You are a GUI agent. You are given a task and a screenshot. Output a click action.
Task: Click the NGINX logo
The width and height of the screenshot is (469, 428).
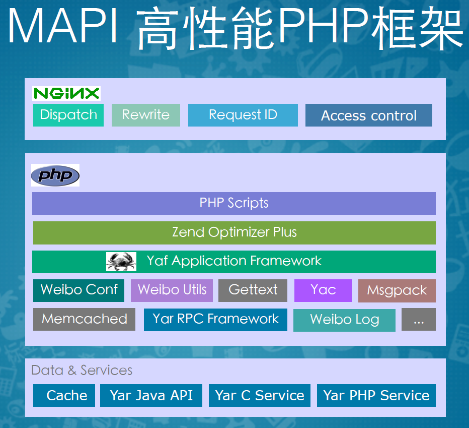pos(66,93)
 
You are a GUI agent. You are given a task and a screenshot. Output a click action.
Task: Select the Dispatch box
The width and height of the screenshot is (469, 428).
pos(68,115)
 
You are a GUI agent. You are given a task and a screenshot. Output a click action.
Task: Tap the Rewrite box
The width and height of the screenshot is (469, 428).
pos(145,115)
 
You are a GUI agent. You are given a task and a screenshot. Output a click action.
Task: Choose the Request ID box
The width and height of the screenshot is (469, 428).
pos(243,115)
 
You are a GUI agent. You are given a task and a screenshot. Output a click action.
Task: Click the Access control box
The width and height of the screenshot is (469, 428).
pos(368,115)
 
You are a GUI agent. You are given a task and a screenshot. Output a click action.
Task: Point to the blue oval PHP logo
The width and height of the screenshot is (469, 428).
pos(55,175)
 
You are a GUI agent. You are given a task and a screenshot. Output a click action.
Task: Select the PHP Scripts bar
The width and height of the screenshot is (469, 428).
pos(233,203)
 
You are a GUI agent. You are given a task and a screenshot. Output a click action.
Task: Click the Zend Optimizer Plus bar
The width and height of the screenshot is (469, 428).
pos(234,232)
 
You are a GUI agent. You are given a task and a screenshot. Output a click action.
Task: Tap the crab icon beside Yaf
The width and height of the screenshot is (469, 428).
pos(121,261)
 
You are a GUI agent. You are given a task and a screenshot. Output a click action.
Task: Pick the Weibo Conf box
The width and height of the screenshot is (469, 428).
pos(79,290)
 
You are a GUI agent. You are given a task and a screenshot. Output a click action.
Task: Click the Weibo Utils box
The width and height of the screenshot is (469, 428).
pos(172,290)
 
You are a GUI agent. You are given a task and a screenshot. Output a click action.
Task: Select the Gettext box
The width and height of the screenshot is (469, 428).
pos(253,290)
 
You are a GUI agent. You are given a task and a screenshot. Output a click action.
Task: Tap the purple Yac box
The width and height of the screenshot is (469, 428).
pos(323,290)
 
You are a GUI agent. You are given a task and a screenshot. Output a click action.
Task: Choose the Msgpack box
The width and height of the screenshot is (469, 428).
pos(397,290)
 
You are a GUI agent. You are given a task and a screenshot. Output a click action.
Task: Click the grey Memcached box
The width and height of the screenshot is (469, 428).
pos(84,319)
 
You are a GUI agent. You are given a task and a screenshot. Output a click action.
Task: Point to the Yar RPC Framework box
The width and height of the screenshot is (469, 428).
pos(215,319)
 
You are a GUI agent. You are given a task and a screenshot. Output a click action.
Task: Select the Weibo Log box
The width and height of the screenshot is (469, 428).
pos(344,320)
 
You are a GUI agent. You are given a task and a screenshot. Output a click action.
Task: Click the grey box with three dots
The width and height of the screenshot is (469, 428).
pos(418,320)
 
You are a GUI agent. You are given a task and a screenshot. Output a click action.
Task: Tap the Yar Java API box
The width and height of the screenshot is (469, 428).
pos(151,395)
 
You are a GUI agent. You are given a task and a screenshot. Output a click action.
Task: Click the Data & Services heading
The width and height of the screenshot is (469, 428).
pos(82,371)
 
